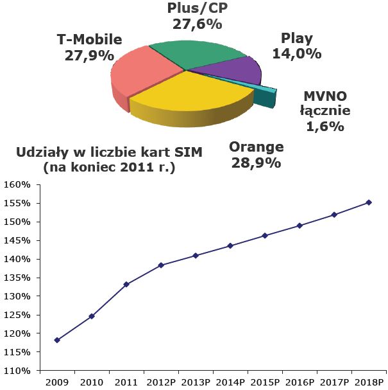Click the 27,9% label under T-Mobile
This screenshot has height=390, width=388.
point(89,55)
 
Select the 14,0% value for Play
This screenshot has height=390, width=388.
point(297,54)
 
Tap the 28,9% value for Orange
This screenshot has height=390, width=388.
point(256,163)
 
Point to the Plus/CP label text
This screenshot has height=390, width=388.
point(197,8)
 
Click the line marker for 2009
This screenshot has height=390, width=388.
point(57,340)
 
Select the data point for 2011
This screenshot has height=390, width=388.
point(126,284)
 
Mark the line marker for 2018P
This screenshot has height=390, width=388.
point(369,202)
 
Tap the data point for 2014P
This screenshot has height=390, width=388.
point(230,245)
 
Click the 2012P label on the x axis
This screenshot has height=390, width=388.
point(161,382)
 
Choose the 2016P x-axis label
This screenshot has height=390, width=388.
point(299,382)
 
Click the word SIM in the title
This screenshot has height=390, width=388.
point(188,152)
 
